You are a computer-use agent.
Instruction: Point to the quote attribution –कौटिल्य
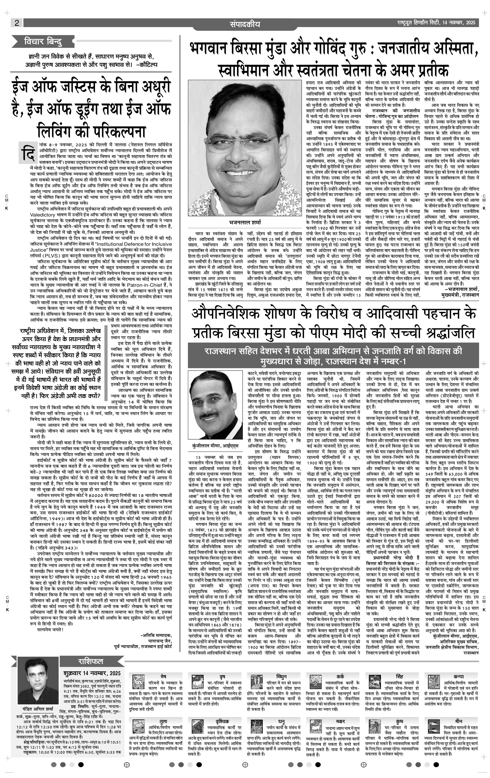147,64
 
